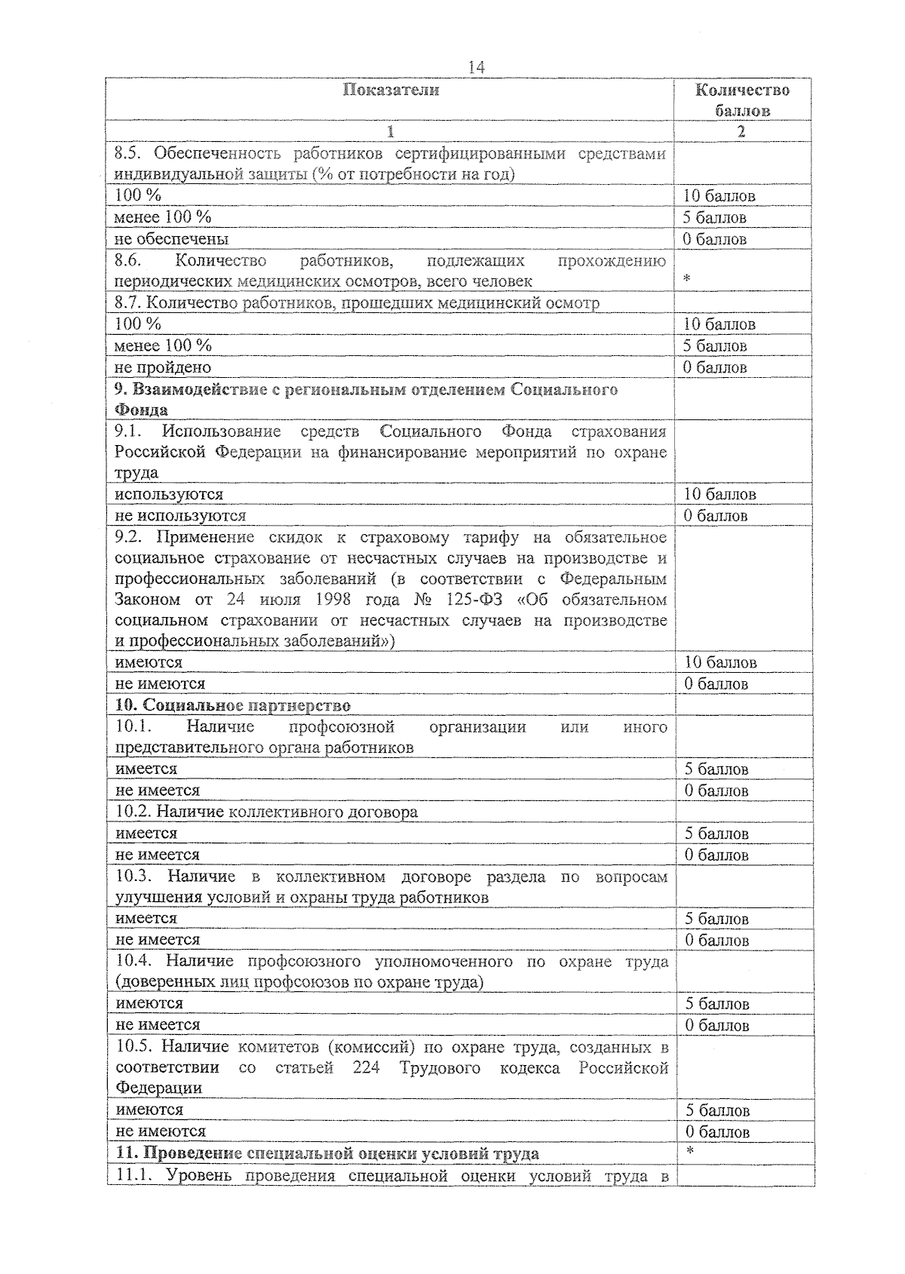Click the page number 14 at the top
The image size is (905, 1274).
pos(476,68)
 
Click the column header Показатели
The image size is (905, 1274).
pos(391,91)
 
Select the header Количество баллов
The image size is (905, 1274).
pos(743,100)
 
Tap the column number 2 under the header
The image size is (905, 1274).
pos(741,131)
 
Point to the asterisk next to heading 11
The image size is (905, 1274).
pos(689,1152)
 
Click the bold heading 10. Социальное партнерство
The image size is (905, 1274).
pos(233,706)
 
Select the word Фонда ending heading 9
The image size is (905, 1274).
pos(141,410)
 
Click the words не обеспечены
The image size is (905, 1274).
pos(171,239)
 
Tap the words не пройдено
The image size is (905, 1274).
pos(163,367)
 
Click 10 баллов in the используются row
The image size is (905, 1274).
pos(719,495)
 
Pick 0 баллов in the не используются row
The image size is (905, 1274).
pos(716,516)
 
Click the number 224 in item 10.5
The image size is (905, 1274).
pos(366,1069)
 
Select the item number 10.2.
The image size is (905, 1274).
pos(135,812)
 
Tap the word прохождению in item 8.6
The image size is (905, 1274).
pos(612,261)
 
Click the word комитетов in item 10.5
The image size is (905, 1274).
pos(278,1048)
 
